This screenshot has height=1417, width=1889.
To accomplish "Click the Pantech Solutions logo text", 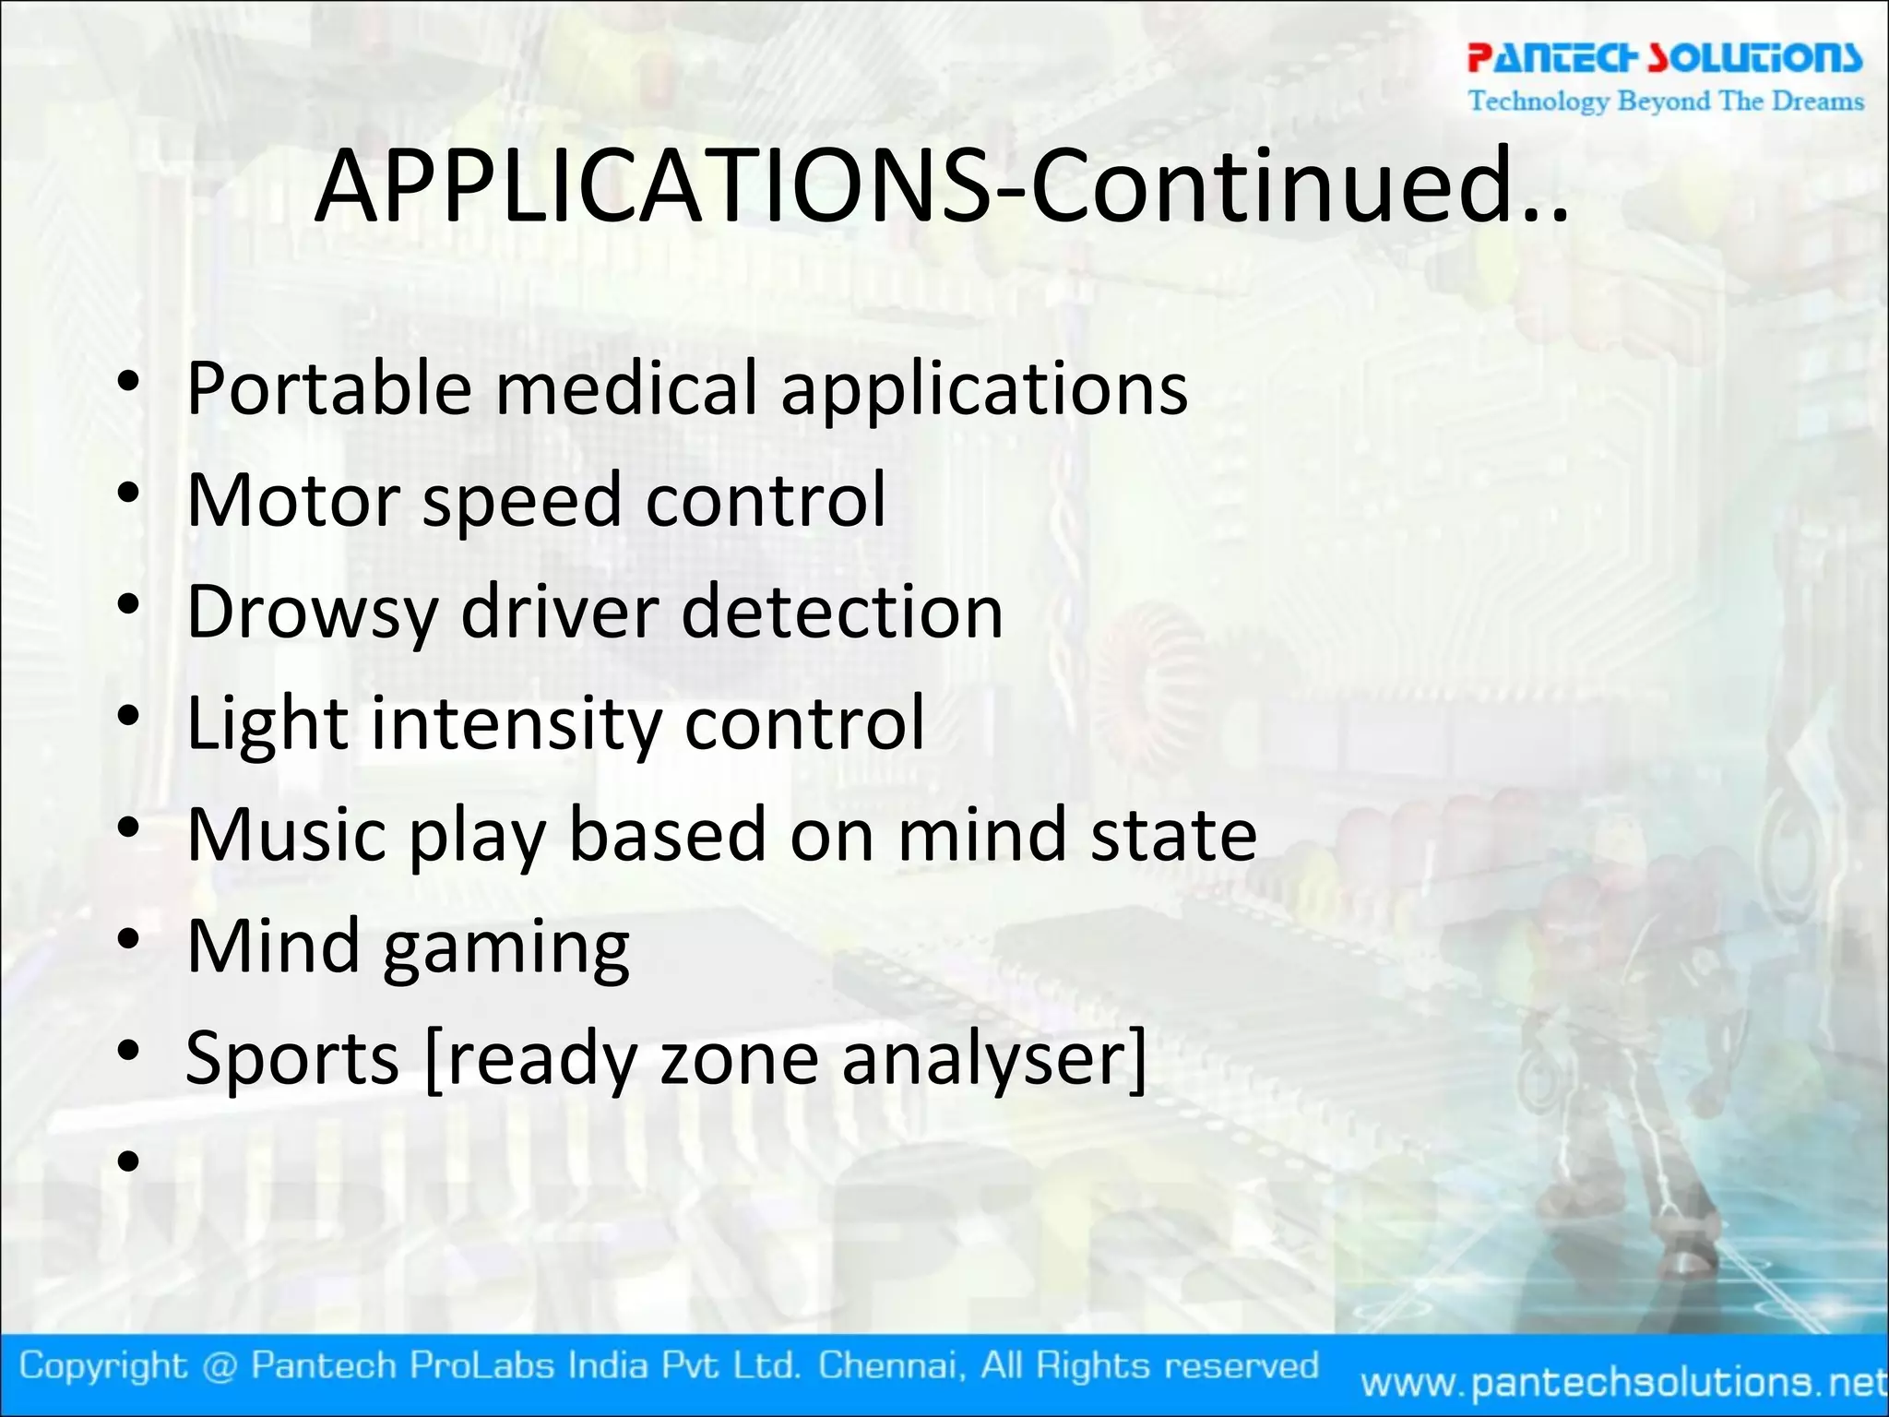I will (1665, 57).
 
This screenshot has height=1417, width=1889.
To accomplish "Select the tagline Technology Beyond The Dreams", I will (1666, 101).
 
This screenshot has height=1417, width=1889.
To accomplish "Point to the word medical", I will (627, 388).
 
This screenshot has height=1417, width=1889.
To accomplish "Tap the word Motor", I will (292, 500).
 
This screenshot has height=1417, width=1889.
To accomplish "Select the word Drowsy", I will (312, 613).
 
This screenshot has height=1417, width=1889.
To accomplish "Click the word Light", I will (267, 724).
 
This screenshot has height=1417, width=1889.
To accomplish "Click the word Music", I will (287, 834).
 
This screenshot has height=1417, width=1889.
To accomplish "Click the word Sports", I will (292, 1059).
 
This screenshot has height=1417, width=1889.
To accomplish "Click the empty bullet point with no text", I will (128, 1161).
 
